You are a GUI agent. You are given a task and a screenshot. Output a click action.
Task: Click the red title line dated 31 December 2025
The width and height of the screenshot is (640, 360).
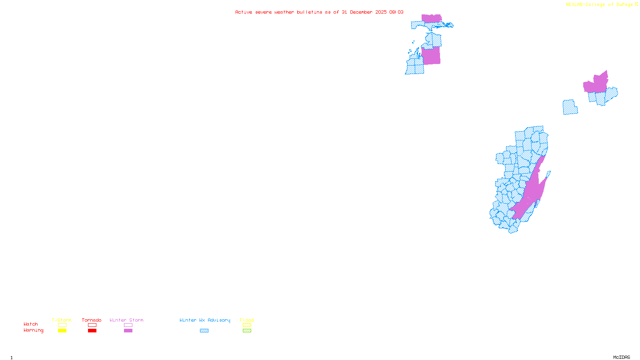click(x=319, y=12)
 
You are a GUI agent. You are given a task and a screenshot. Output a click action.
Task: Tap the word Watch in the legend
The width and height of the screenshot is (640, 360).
click(x=31, y=324)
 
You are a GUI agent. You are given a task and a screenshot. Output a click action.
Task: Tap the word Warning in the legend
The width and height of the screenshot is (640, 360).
click(x=34, y=330)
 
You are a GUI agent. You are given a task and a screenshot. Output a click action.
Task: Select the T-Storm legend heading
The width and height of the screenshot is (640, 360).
click(x=62, y=320)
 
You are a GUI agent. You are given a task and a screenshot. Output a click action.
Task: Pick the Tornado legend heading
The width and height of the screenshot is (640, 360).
click(x=92, y=320)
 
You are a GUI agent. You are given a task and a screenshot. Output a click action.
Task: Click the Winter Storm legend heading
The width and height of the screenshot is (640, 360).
click(x=126, y=320)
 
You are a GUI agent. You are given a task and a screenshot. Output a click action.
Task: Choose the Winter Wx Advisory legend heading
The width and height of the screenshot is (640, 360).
click(x=205, y=320)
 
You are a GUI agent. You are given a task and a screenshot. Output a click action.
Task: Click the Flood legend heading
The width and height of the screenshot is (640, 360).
click(x=247, y=320)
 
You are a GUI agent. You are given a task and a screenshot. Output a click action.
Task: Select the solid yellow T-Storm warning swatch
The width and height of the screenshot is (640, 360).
click(x=62, y=331)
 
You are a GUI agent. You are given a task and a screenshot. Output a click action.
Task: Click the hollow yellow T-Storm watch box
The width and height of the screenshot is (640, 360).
click(x=62, y=325)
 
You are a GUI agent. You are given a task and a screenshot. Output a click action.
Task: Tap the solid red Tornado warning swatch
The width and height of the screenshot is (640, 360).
click(x=92, y=331)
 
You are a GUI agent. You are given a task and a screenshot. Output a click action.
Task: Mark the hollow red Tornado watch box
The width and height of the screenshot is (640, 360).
click(x=92, y=325)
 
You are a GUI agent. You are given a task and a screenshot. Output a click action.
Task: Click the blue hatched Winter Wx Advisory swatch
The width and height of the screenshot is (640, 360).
click(x=204, y=331)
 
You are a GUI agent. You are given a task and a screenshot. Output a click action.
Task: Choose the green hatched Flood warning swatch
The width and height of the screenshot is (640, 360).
click(x=247, y=331)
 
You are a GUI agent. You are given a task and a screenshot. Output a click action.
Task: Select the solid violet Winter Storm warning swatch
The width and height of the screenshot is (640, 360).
click(x=128, y=331)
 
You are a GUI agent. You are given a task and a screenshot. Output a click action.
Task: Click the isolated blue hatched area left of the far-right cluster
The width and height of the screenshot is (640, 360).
click(x=570, y=107)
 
